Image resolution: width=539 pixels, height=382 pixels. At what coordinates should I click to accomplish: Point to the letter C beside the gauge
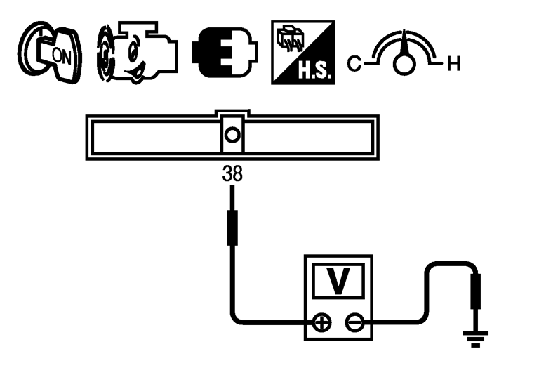point(354,65)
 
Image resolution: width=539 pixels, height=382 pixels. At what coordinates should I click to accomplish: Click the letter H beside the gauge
point(453,65)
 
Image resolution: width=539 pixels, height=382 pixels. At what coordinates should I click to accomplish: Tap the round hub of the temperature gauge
point(403,65)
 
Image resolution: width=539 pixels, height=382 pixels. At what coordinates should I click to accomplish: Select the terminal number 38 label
point(232,174)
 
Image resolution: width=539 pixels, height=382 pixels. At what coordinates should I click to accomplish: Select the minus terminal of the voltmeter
point(355,323)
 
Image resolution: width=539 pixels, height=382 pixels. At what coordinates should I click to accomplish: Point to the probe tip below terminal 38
point(232,226)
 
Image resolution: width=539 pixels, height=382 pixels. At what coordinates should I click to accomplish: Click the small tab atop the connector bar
point(232,113)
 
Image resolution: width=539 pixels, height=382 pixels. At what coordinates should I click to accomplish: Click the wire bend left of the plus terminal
point(236,319)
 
